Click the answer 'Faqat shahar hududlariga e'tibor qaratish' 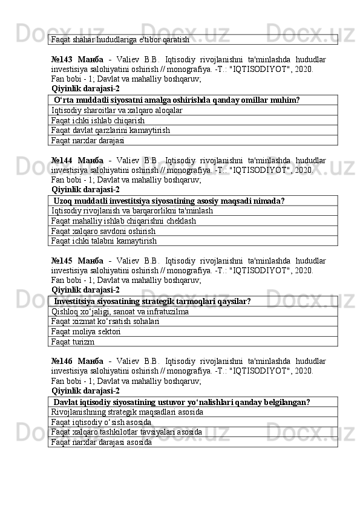coord(120,39)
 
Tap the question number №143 coord(63,59)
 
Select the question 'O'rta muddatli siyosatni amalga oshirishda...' coord(177,100)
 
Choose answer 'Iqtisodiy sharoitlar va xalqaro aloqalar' coord(117,110)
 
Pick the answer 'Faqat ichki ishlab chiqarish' coord(97,120)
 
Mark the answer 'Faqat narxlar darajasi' coord(88,140)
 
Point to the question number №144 coord(63,161)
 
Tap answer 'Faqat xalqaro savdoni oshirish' coord(103,231)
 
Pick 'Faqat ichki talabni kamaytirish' coord(104,241)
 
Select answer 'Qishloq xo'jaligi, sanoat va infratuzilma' coord(120,312)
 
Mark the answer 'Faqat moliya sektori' coord(86,332)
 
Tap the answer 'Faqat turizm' coord(73,342)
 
